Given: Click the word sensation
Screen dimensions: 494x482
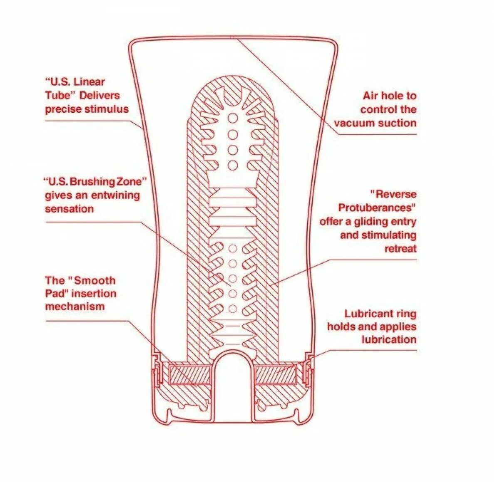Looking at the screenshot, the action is [x=69, y=208].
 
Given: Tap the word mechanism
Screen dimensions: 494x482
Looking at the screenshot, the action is [x=75, y=307].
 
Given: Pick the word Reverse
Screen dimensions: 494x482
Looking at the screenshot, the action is [x=393, y=194].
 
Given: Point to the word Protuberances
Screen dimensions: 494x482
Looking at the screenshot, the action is [x=377, y=208].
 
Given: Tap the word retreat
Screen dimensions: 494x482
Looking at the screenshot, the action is [x=400, y=249].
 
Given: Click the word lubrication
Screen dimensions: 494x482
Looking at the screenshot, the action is [x=389, y=339].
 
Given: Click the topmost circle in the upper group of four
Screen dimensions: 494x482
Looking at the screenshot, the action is [x=233, y=119].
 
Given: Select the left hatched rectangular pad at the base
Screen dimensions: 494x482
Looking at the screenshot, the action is [x=190, y=374].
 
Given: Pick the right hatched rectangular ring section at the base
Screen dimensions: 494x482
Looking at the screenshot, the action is [x=275, y=374].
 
